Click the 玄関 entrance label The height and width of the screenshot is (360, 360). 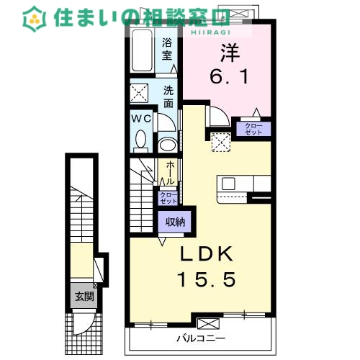tap(84, 297)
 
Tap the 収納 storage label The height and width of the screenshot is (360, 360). tap(175, 222)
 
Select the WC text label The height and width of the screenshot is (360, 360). tap(142, 118)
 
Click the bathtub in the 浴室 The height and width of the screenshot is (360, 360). tap(142, 50)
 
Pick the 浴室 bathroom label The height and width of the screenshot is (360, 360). tap(167, 49)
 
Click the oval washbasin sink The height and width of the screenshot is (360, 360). tap(167, 145)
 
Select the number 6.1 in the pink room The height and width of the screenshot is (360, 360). tap(229, 76)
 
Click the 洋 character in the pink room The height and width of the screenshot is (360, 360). tap(230, 53)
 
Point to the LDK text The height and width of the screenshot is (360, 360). tap(207, 254)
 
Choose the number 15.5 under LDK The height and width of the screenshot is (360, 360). tap(206, 279)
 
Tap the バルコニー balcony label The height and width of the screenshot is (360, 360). tap(201, 338)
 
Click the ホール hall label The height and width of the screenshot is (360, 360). tap(170, 173)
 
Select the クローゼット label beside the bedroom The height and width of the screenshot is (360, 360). tap(253, 129)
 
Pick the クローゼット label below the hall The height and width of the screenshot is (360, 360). tap(168, 198)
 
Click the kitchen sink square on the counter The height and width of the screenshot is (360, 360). tap(228, 184)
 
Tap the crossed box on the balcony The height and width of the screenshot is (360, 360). tap(208, 324)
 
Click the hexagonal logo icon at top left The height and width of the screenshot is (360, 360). tap(35, 19)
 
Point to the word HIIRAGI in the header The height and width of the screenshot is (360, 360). tap(210, 32)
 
